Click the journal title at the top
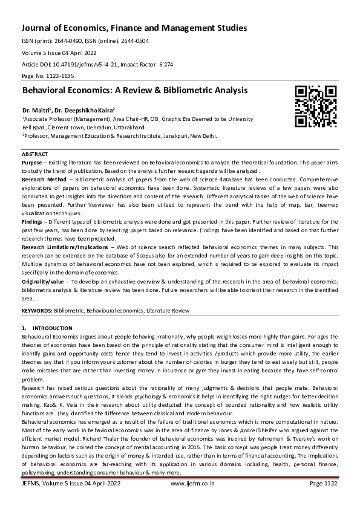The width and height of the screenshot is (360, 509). coord(134,28)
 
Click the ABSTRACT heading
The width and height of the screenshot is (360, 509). coord(35,155)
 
